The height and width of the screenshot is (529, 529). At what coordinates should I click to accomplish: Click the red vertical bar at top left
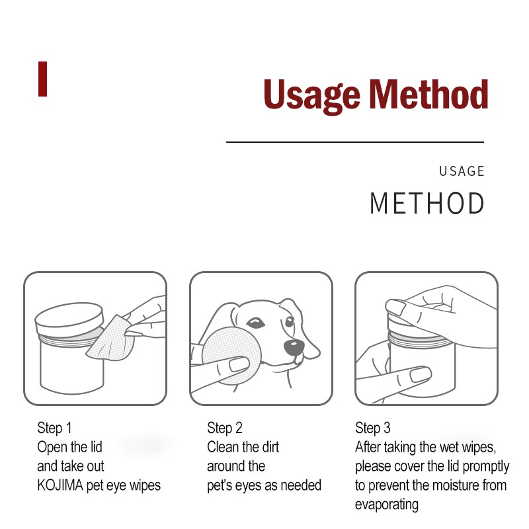tap(42, 79)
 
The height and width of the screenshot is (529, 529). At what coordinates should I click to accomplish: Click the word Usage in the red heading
tap(311, 95)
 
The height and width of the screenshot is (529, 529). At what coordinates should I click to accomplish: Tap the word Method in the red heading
tap(428, 94)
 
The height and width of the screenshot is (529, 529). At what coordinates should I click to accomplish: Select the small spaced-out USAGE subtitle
tap(462, 171)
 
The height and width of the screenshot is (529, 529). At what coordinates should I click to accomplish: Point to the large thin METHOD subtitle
tap(427, 203)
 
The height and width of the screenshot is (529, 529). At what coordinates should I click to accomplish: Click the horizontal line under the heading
tap(355, 142)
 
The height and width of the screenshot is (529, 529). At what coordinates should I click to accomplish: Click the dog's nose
tap(294, 347)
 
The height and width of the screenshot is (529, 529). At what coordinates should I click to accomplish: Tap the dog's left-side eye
tap(256, 323)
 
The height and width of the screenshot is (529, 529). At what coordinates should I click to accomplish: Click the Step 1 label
tap(54, 428)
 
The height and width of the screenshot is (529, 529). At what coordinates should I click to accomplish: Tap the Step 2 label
tap(225, 428)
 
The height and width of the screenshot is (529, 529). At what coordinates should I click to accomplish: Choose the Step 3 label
tap(373, 428)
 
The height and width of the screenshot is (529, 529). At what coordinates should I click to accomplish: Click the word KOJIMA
tap(60, 485)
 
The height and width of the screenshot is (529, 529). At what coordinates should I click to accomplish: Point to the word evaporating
tap(387, 505)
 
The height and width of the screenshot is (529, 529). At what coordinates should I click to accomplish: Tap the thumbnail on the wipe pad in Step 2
tap(239, 365)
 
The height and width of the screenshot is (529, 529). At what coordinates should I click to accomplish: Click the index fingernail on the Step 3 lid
tap(395, 307)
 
